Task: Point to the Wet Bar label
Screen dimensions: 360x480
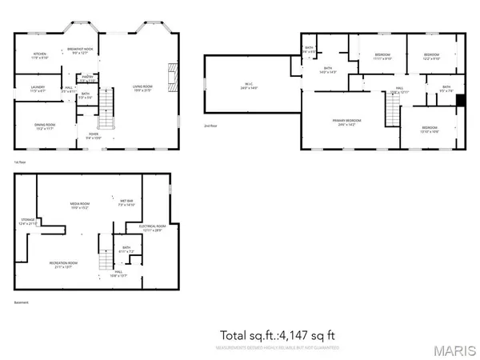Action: pos(126,202)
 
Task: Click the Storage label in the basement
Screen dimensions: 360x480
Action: pos(28,222)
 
